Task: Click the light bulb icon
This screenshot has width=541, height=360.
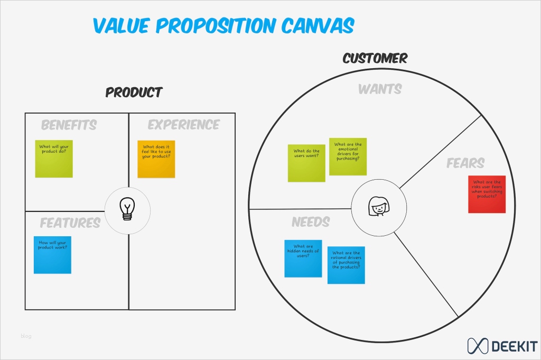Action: (127, 209)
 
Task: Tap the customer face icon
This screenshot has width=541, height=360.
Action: (378, 207)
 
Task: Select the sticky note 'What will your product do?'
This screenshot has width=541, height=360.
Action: (54, 159)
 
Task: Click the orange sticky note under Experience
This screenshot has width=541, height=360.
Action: (156, 159)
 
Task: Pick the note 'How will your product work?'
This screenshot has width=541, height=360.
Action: (52, 255)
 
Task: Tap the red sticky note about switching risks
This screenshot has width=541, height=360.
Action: (487, 194)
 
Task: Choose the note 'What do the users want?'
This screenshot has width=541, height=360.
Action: (306, 163)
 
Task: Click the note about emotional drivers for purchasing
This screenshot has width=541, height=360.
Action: (348, 156)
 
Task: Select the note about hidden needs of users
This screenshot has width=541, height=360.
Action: (303, 259)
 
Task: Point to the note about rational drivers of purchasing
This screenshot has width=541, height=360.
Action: (346, 265)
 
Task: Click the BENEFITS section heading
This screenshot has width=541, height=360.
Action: (69, 125)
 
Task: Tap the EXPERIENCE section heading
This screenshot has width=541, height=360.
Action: (183, 125)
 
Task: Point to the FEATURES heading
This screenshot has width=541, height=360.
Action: (70, 223)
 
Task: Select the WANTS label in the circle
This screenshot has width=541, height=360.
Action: (380, 89)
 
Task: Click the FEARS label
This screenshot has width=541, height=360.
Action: (465, 163)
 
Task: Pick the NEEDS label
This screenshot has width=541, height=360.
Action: (311, 222)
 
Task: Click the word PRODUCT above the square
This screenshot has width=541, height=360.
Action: (134, 93)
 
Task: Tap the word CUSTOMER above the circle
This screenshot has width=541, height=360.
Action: (375, 58)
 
